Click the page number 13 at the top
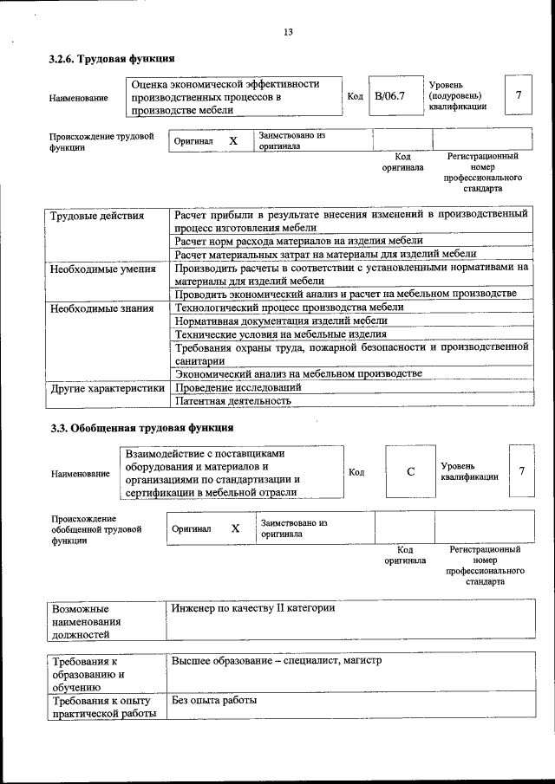pos(288,32)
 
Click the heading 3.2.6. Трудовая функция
pos(112,60)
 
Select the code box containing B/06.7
pos(389,96)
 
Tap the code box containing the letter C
pos(410,471)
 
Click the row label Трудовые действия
pos(97,216)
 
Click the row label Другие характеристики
pos(108,388)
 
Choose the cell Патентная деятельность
pos(232,401)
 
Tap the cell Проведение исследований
pos(238,387)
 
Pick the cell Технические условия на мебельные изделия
pos(280,334)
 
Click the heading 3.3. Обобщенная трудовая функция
pos(140,428)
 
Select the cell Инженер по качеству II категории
pos(253,608)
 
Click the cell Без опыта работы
pos(214,700)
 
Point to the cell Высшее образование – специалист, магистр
pos(277,661)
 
